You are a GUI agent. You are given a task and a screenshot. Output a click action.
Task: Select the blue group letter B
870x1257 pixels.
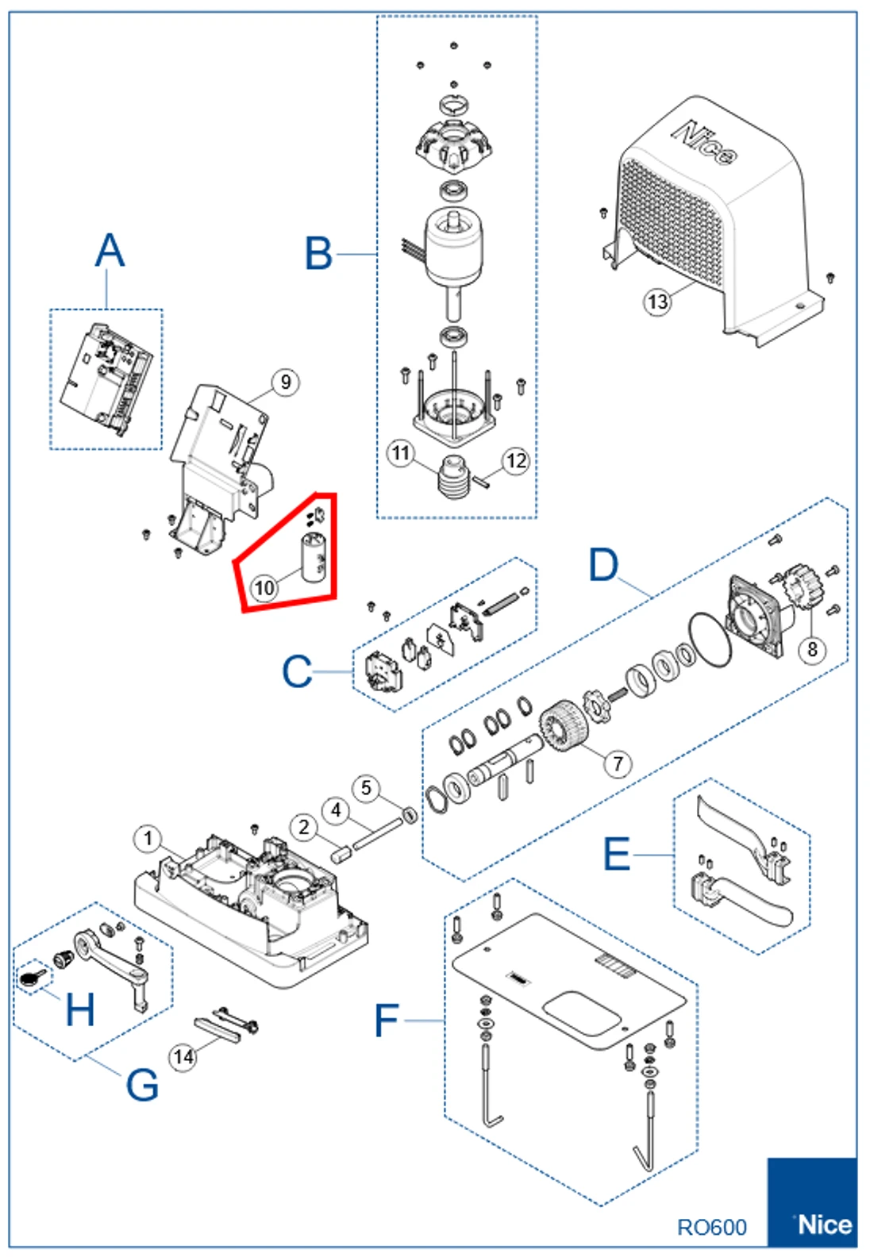pos(318,254)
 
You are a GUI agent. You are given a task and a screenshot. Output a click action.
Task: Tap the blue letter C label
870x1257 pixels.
pos(297,672)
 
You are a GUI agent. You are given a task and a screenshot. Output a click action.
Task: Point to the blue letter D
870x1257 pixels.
pos(603,565)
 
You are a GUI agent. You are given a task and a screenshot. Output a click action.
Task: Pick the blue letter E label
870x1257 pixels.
pos(617,855)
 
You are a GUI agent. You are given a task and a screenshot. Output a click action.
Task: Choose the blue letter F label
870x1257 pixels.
pos(386,1021)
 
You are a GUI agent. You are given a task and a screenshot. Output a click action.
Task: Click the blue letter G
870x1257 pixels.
pos(142,1084)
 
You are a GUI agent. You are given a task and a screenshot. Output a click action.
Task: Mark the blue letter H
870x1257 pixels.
pos(79,1009)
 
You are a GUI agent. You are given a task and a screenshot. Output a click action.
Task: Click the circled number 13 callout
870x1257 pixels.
pos(657,302)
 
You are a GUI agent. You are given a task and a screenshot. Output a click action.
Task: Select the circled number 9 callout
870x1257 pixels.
pos(285,382)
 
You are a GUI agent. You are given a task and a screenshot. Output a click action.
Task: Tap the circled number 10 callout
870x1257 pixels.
pos(264,588)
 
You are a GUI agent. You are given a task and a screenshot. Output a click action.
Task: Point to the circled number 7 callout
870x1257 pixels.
pos(618,763)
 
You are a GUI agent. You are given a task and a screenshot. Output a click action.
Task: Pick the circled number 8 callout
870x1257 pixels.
pos(812,649)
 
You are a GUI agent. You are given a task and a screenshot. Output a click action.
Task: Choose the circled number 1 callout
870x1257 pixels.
pos(148,839)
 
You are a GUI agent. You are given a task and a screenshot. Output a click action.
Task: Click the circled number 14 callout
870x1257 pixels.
pos(183,1057)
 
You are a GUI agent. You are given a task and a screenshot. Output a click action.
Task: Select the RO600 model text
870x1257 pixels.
pos(711,1228)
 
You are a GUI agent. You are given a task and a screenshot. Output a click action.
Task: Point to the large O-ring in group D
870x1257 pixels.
pos(708,640)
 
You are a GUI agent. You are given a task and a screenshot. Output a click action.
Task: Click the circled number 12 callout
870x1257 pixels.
pos(516,461)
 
